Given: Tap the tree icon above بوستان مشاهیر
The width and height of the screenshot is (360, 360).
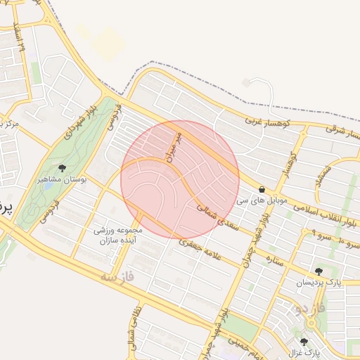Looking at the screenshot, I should point(62,168).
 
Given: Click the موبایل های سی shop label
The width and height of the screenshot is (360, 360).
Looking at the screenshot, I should point(262,201).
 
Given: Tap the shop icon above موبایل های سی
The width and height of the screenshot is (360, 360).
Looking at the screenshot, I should point(262,189).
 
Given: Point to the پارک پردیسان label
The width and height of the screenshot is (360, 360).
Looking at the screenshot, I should point(318,283).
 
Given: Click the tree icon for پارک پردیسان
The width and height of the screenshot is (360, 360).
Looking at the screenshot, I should point(319,271).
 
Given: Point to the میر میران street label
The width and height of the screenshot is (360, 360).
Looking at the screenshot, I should point(174,144).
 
